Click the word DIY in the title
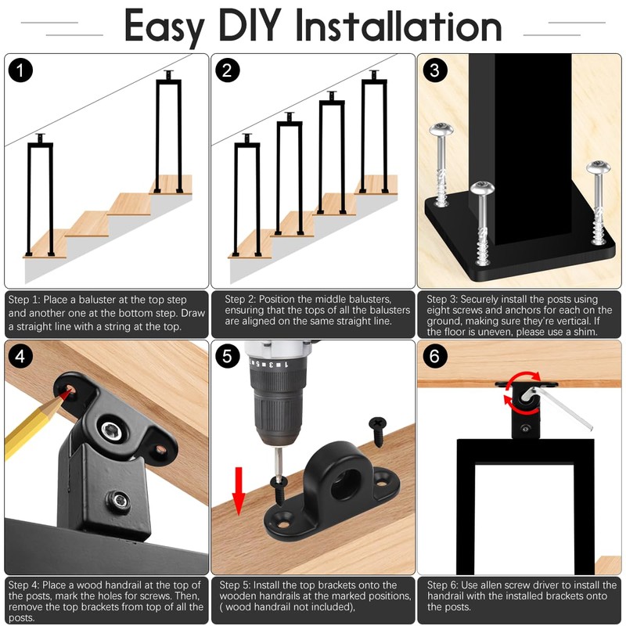pos(250,26)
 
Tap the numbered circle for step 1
pos(20,70)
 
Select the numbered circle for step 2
pos(227,70)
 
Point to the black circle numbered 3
pos(434,70)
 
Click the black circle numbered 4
pos(20,356)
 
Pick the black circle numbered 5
pos(227,356)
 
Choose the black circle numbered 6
pos(434,356)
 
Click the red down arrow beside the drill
pos(239,491)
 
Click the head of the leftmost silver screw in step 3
pos(441,130)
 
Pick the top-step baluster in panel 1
pos(168,131)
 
